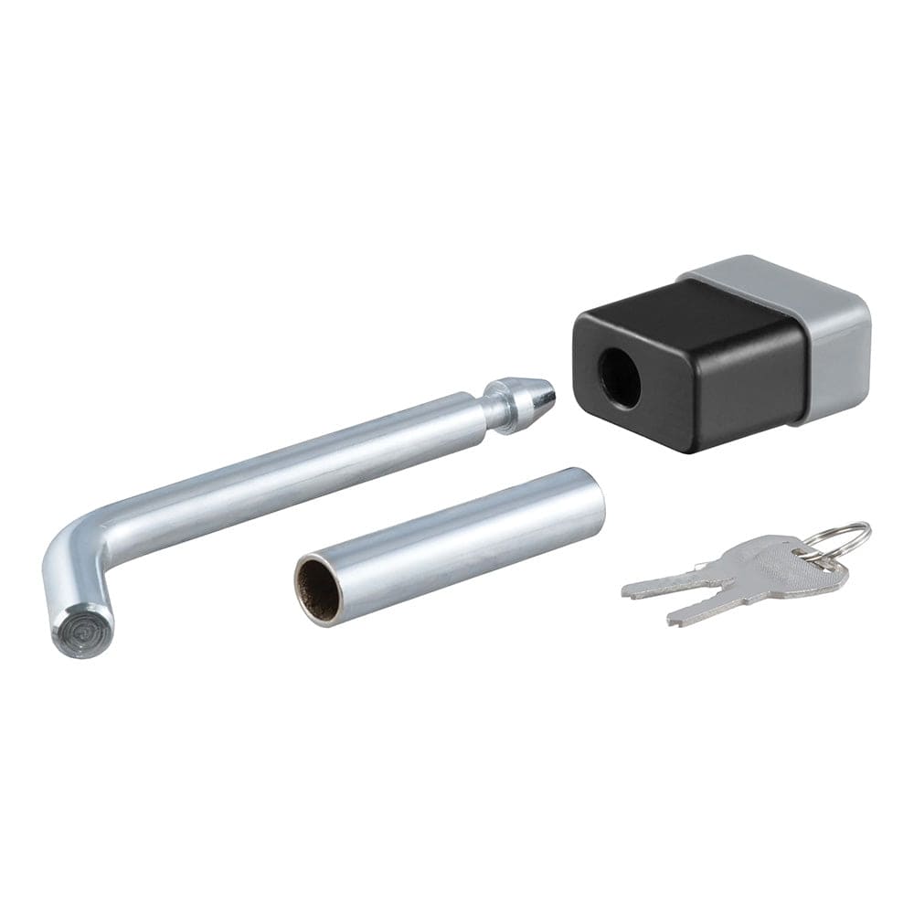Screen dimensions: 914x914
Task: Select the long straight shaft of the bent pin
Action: [302, 466]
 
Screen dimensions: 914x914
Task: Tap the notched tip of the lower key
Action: [676, 619]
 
